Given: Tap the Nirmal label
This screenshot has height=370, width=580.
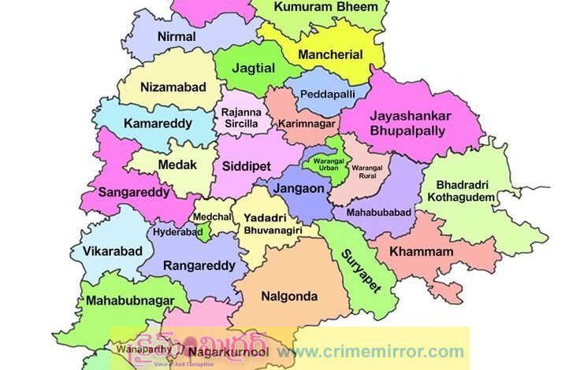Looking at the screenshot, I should tap(177, 36).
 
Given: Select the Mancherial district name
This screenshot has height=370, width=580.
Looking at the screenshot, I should tap(330, 55).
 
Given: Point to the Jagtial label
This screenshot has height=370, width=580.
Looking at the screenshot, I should tap(255, 68).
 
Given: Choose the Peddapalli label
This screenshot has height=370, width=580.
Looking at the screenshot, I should tap(327, 94).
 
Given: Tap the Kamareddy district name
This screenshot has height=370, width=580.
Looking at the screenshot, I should tap(158, 124).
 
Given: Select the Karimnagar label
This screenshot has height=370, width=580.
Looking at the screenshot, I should tap(307, 124).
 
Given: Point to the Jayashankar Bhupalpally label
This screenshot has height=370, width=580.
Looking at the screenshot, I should tap(411, 123).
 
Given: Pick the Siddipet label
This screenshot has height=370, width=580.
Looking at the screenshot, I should tap(246, 168).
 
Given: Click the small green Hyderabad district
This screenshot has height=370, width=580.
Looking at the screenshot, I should tap(203, 231).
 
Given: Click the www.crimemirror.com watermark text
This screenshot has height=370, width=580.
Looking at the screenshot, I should tap(370, 351).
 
